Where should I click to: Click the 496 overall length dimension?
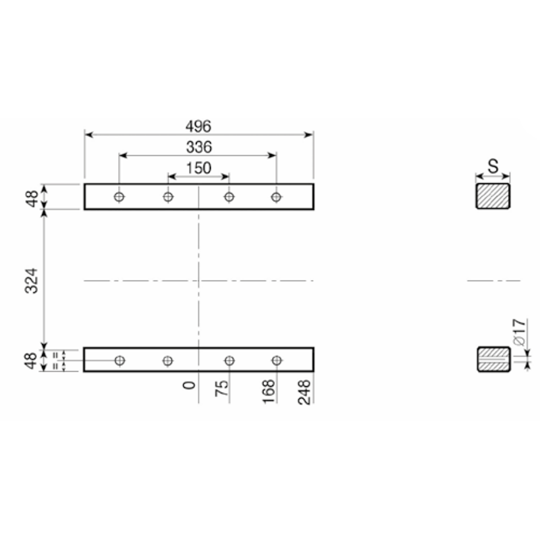[198, 126]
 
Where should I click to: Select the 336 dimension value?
[199, 147]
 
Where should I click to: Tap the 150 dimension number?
[198, 168]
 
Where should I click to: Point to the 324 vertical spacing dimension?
[31, 281]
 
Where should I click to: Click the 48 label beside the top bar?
[32, 198]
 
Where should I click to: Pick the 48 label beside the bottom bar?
[31, 360]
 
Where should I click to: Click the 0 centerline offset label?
[189, 385]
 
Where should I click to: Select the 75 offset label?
[222, 388]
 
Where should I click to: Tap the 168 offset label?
[269, 391]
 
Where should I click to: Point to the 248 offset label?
[304, 392]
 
